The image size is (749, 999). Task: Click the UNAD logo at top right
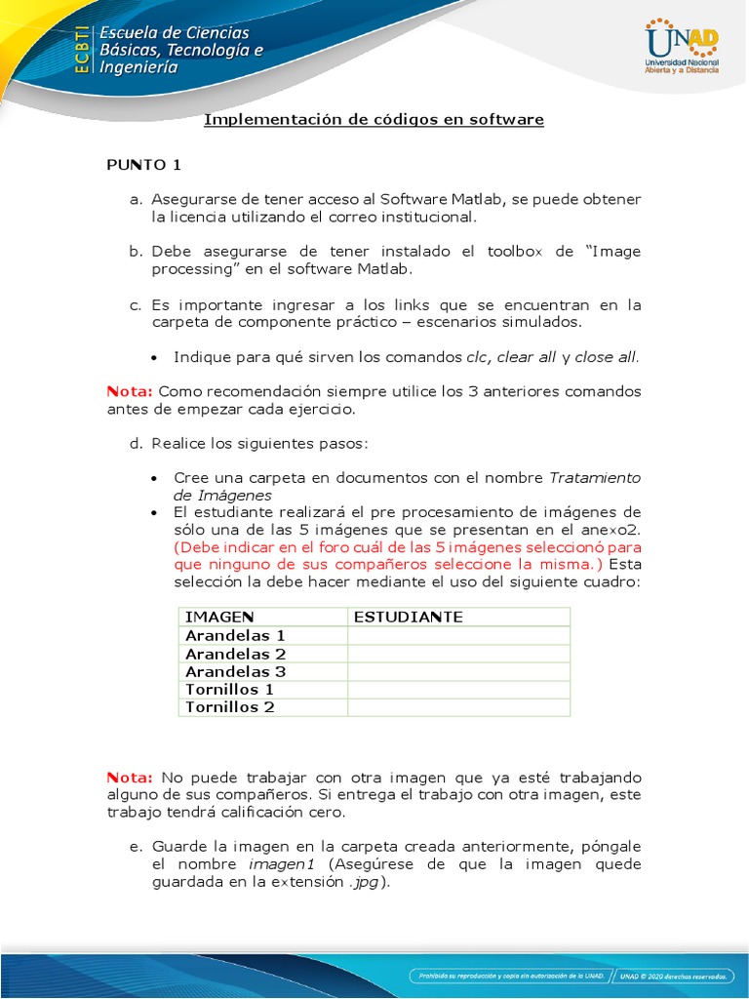click(x=682, y=46)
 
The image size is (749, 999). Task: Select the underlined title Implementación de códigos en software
click(x=374, y=120)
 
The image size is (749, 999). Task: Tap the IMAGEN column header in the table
click(x=219, y=617)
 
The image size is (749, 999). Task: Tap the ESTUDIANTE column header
click(x=408, y=617)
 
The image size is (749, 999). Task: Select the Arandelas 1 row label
click(x=235, y=635)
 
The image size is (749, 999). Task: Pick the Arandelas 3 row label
click(x=235, y=671)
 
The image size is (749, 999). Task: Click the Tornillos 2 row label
click(x=230, y=707)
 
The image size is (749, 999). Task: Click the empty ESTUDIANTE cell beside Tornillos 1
click(x=458, y=690)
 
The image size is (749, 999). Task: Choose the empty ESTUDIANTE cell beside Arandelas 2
click(x=458, y=654)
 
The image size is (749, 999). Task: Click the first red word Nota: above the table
click(x=130, y=391)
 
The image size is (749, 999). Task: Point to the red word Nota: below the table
click(x=130, y=778)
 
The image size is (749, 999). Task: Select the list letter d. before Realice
click(x=136, y=443)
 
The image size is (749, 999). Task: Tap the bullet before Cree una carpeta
click(x=156, y=479)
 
